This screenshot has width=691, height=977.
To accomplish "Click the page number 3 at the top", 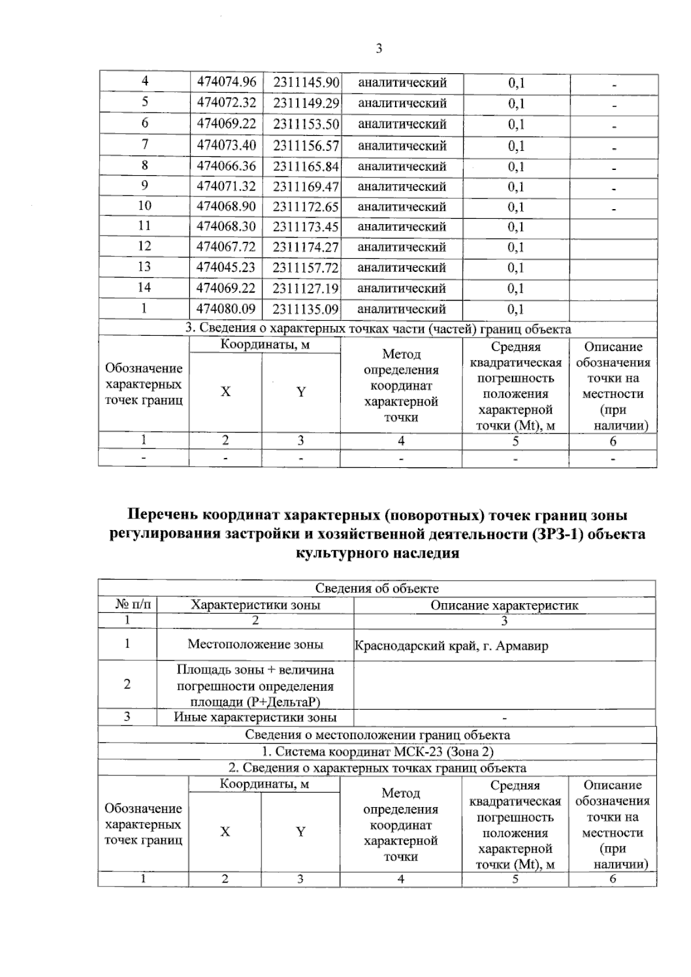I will (x=379, y=48).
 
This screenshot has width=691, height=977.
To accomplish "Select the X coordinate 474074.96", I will (x=226, y=82).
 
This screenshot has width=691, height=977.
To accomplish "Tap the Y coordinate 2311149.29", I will (x=306, y=104).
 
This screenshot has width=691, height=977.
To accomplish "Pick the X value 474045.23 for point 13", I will (x=226, y=267).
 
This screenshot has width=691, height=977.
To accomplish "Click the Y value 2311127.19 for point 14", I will (x=306, y=288).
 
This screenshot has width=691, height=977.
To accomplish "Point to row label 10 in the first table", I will (x=145, y=206).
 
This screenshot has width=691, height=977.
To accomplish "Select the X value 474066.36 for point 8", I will (x=226, y=166).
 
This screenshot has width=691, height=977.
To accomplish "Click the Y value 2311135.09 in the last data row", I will (x=306, y=309).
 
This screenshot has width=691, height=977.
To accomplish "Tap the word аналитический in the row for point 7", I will (x=402, y=146).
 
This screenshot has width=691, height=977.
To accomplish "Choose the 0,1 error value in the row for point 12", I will (x=516, y=247).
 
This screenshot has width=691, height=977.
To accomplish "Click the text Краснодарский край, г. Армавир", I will (x=451, y=646).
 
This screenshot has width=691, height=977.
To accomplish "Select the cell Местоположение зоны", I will (x=255, y=644).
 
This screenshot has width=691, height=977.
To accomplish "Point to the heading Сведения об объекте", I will (x=377, y=589).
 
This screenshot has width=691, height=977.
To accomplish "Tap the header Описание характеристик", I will (x=504, y=605).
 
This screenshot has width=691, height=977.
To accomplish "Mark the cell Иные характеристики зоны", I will (x=255, y=717).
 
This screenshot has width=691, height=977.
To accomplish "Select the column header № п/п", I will (x=127, y=605).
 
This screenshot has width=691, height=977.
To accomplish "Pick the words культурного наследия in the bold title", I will (x=377, y=553).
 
